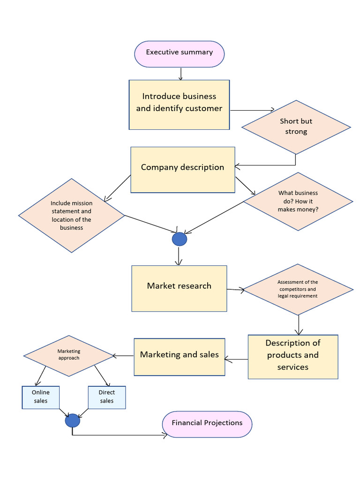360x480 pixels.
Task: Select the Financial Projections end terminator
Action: tap(207, 424)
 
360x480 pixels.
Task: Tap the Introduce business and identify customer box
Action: tap(179, 104)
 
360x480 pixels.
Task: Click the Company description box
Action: tap(182, 169)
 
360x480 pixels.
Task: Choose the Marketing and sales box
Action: tap(179, 356)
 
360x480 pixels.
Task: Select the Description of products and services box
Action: tap(292, 356)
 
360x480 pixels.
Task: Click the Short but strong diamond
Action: tap(296, 127)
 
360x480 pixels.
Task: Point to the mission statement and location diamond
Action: tap(72, 215)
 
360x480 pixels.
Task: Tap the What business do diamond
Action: tap(298, 201)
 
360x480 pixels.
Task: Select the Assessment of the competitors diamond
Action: tap(298, 289)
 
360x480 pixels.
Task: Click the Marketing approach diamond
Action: tap(69, 355)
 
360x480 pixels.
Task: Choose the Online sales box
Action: tap(41, 397)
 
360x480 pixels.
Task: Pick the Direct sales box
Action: tap(107, 397)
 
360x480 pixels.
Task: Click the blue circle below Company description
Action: tap(180, 239)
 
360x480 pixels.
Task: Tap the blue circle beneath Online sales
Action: tap(72, 420)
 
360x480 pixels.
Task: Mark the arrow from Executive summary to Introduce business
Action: tap(180, 74)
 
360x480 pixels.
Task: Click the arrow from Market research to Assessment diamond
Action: tap(235, 290)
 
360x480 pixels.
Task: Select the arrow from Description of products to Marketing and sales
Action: tap(236, 360)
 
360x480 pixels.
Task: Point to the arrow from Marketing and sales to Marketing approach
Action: tap(123, 356)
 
